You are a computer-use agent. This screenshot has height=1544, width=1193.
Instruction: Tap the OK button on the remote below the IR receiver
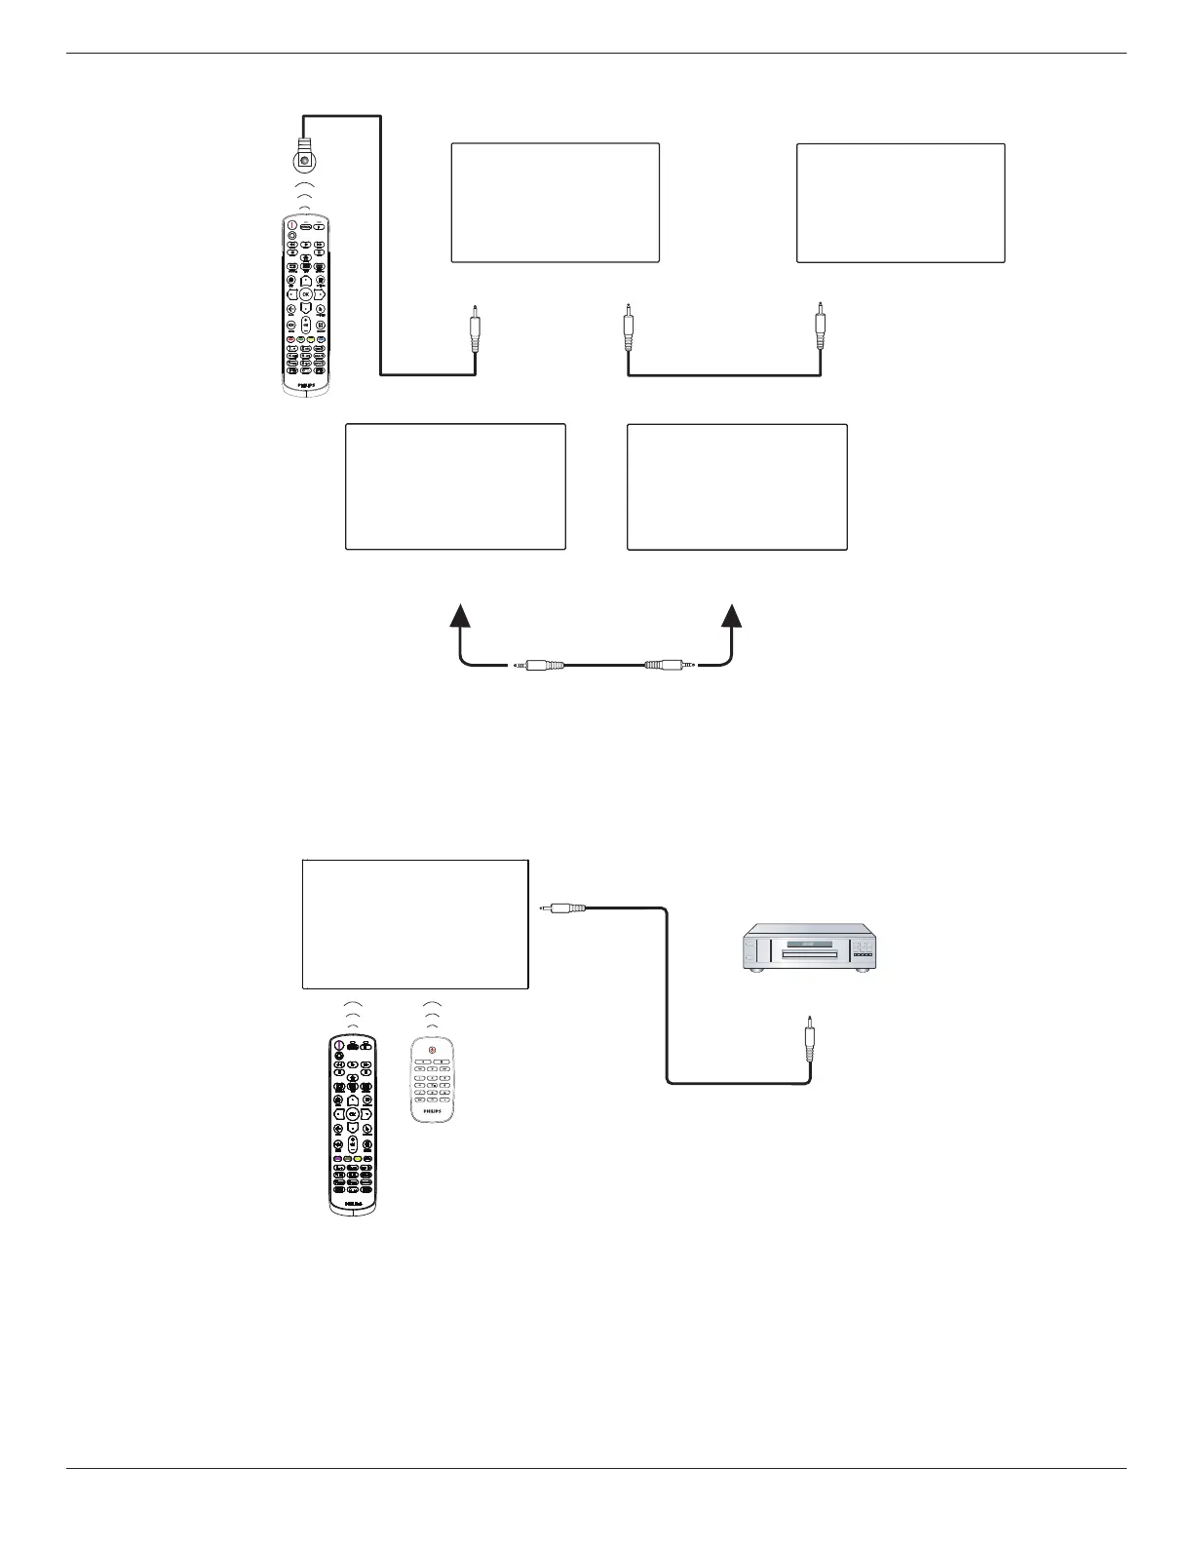pyautogui.click(x=305, y=292)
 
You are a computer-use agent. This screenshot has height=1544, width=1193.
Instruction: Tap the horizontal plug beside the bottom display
pyautogui.click(x=562, y=908)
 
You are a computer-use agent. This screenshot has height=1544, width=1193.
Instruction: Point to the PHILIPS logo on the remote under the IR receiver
pyautogui.click(x=305, y=383)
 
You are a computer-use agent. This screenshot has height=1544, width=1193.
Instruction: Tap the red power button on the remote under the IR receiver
pyautogui.click(x=291, y=226)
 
